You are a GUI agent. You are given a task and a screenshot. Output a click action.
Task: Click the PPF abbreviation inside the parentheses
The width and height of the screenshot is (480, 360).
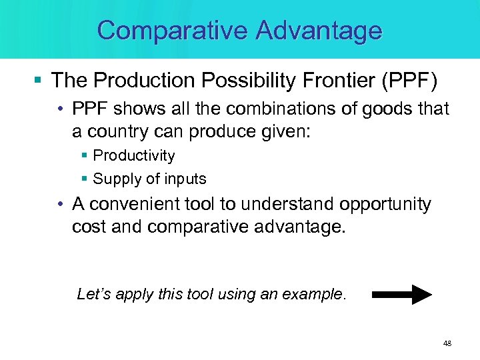tap(409, 81)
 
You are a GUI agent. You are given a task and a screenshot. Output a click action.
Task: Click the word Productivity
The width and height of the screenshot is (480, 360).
tap(134, 156)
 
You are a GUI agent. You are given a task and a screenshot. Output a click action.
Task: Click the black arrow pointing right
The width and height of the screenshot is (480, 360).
tap(402, 294)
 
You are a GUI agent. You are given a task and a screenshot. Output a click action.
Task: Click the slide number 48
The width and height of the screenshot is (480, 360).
tap(447, 343)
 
